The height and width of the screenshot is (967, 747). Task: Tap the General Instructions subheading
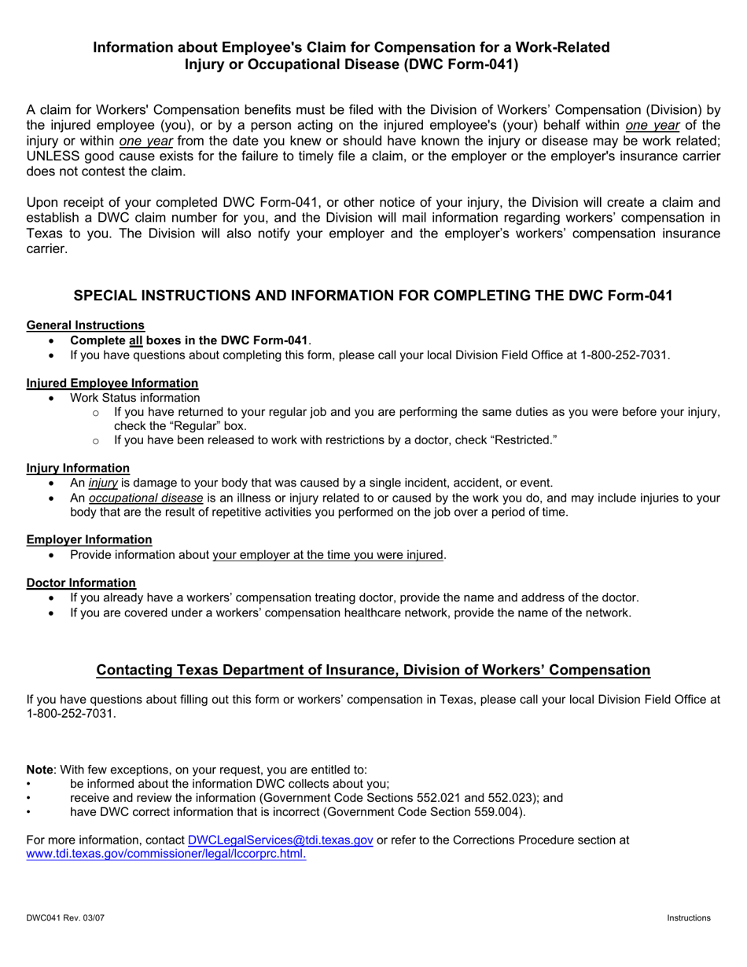pyautogui.click(x=85, y=325)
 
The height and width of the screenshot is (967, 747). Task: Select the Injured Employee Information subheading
pyautogui.click(x=112, y=383)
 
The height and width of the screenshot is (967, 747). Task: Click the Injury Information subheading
pyautogui.click(x=78, y=468)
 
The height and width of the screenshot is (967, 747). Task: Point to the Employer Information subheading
pyautogui.click(x=89, y=539)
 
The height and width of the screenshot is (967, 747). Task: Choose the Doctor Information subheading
pyautogui.click(x=81, y=583)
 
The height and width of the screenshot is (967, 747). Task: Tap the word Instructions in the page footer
pyautogui.click(x=688, y=918)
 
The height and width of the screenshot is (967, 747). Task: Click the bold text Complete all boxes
pyautogui.click(x=189, y=340)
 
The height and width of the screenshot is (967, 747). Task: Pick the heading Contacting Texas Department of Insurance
pyautogui.click(x=373, y=670)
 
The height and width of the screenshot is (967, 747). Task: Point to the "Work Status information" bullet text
pyautogui.click(x=134, y=398)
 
